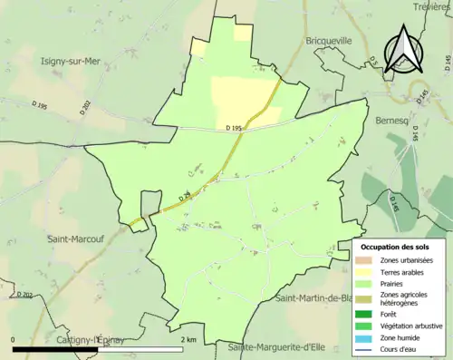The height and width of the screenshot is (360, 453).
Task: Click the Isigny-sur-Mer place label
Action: click(x=70, y=62)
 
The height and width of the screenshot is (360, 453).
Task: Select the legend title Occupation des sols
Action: click(x=396, y=247)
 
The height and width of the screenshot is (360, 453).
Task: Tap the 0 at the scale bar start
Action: click(x=14, y=339)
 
